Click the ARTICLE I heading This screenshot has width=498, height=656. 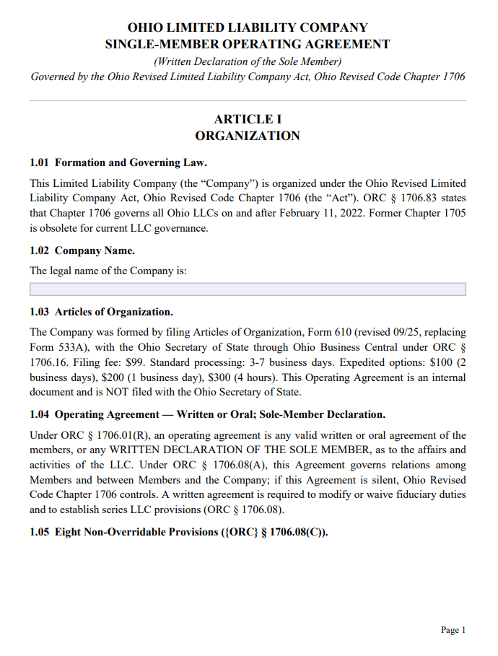248,119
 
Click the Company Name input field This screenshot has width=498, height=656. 248,289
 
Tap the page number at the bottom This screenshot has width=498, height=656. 453,630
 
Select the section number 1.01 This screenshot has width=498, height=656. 40,162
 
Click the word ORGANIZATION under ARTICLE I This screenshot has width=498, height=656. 248,136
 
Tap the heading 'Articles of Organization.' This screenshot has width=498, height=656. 114,312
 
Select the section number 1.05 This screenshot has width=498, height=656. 40,535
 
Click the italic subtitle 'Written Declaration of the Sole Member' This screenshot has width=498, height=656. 248,61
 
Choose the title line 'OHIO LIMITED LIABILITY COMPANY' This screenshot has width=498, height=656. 248,27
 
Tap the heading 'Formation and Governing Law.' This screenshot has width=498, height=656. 131,162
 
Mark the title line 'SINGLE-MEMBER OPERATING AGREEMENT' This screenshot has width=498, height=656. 248,44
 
